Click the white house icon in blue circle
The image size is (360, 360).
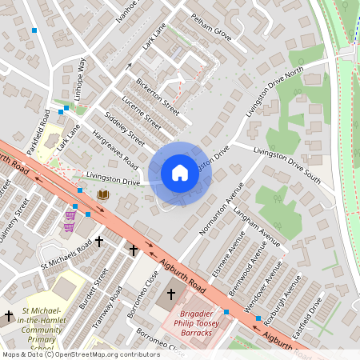pos(180,173)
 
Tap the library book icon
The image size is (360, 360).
pos(103,194)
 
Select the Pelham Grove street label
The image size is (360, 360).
pos(211,26)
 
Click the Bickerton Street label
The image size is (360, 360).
pos(158,94)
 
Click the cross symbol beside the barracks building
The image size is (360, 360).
pos(170,294)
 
